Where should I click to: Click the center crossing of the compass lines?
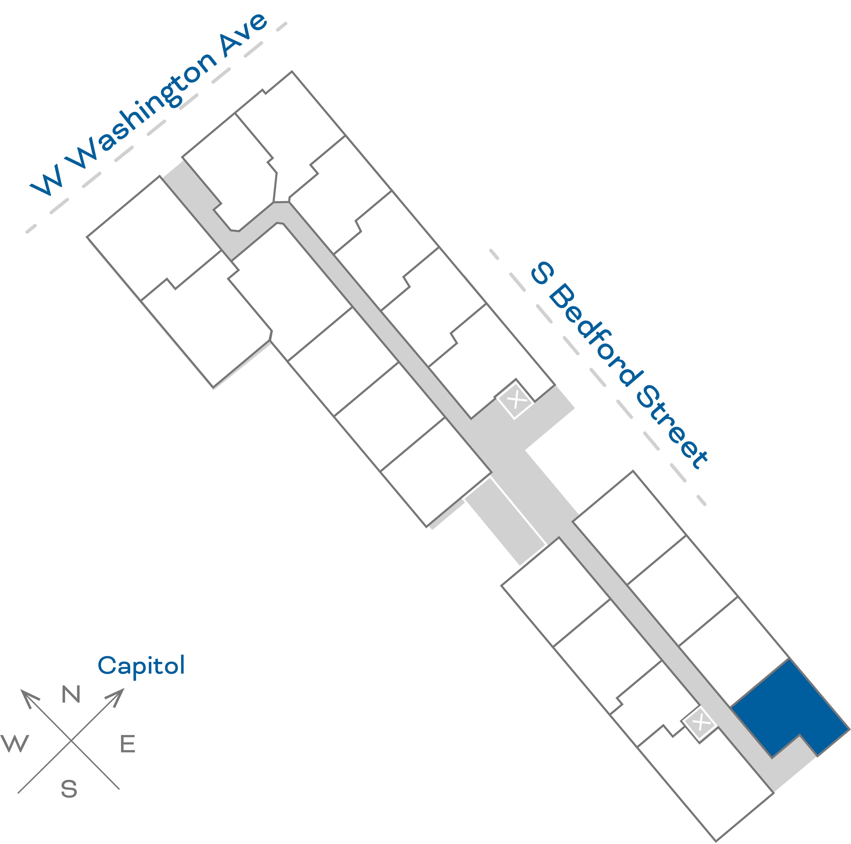(71, 740)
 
